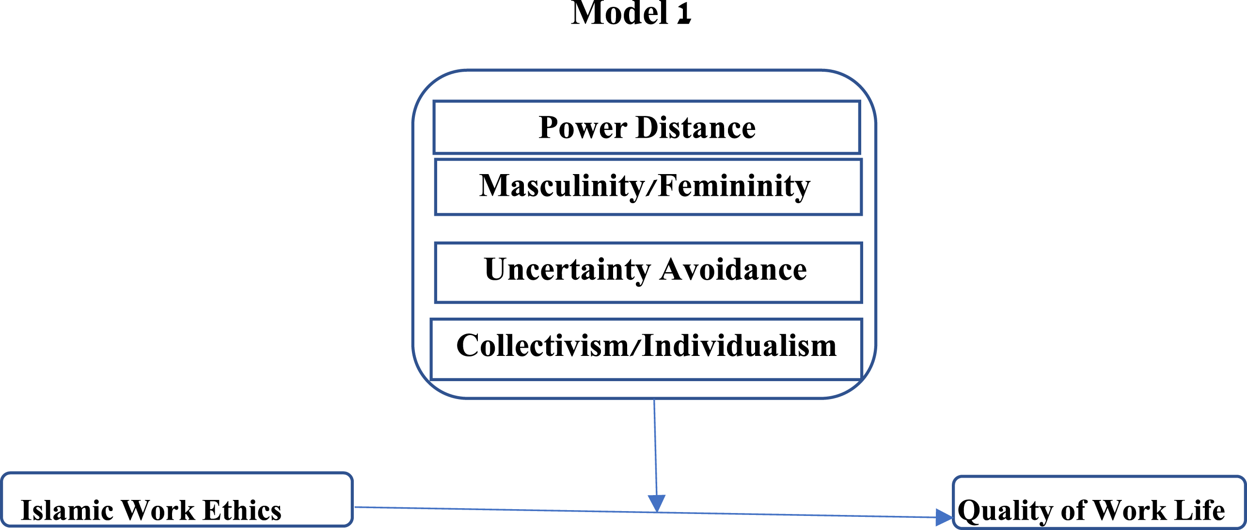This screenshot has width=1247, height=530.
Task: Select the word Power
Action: pos(583,128)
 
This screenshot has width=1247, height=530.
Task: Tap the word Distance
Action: pos(696,128)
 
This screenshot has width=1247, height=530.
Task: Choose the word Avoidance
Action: pos(733,270)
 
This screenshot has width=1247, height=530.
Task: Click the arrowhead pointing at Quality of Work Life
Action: pos(944,517)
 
